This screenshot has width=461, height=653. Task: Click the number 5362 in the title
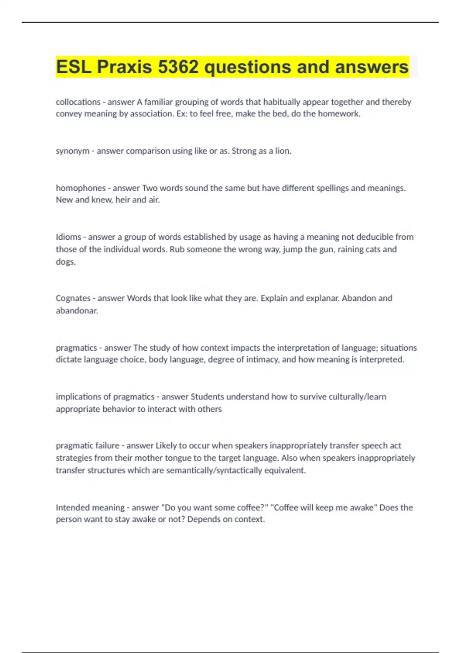coord(178,67)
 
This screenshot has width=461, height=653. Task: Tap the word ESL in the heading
coord(74,67)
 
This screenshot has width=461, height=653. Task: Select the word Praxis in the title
coord(124,67)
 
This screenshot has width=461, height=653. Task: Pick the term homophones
coord(81,188)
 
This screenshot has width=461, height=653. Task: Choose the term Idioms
coord(68,237)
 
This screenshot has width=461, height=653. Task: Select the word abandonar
coord(77,310)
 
